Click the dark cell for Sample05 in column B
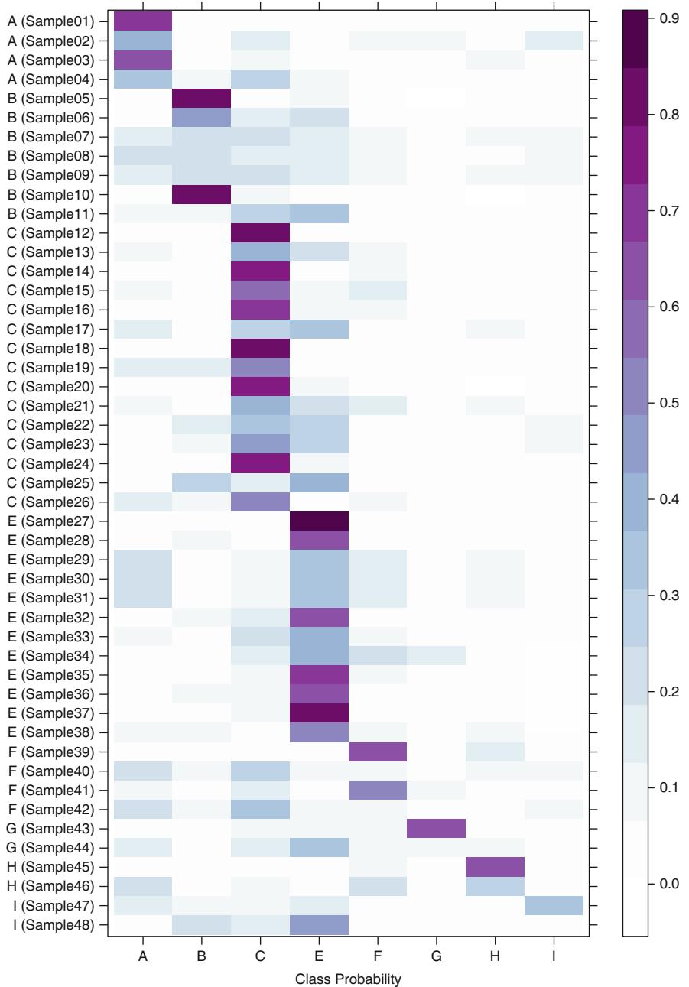pyautogui.click(x=202, y=97)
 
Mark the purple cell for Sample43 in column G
pyautogui.click(x=437, y=829)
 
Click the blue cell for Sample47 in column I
pyautogui.click(x=554, y=906)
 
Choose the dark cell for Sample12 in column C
pyautogui.click(x=260, y=232)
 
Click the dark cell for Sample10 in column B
pyautogui.click(x=202, y=193)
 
